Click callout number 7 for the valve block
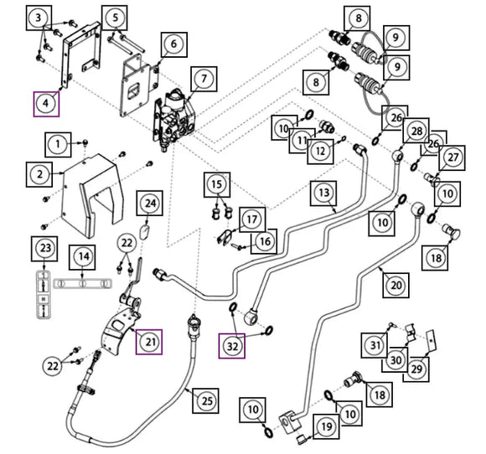pyautogui.click(x=204, y=79)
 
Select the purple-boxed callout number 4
pyautogui.click(x=46, y=104)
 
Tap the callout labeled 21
pyautogui.click(x=149, y=342)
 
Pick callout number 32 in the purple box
pyautogui.click(x=232, y=346)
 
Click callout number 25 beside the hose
pyautogui.click(x=205, y=400)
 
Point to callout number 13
pyautogui.click(x=323, y=193)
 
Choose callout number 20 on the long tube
pyautogui.click(x=396, y=285)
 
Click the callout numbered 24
pyautogui.click(x=150, y=204)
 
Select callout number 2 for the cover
pyautogui.click(x=39, y=174)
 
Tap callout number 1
pyautogui.click(x=58, y=144)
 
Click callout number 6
pyautogui.click(x=174, y=44)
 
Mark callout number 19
pyautogui.click(x=326, y=426)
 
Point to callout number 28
pyautogui.click(x=416, y=131)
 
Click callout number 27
pyautogui.click(x=452, y=157)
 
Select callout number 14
pyautogui.click(x=82, y=257)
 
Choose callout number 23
pyautogui.click(x=44, y=249)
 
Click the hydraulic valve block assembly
pyautogui.click(x=174, y=119)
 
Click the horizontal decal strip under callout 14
pyautogui.click(x=83, y=284)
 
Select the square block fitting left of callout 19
pyautogui.click(x=290, y=423)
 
